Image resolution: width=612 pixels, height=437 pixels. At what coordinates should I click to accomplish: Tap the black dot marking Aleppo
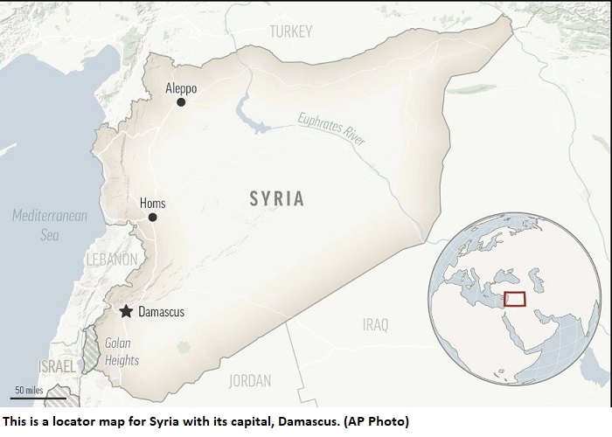pyautogui.click(x=181, y=102)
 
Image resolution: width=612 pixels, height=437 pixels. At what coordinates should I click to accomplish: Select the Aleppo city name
pyautogui.click(x=181, y=88)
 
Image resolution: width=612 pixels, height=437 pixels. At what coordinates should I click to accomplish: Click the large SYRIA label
pyautogui.click(x=276, y=199)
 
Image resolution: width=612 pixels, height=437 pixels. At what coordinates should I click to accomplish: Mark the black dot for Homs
pyautogui.click(x=152, y=218)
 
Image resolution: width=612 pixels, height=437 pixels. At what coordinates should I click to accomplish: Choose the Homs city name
pyautogui.click(x=152, y=204)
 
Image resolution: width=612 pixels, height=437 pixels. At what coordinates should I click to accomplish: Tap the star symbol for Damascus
pyautogui.click(x=126, y=311)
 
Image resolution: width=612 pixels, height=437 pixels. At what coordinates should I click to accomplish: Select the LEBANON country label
pyautogui.click(x=111, y=260)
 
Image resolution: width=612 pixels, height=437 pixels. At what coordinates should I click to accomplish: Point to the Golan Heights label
pyautogui.click(x=117, y=350)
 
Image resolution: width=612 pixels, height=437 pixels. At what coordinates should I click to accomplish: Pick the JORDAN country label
pyautogui.click(x=250, y=380)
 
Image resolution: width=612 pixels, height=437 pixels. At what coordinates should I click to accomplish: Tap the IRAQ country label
pyautogui.click(x=375, y=325)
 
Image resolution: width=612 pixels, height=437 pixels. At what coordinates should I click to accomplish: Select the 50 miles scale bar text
pyautogui.click(x=31, y=389)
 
